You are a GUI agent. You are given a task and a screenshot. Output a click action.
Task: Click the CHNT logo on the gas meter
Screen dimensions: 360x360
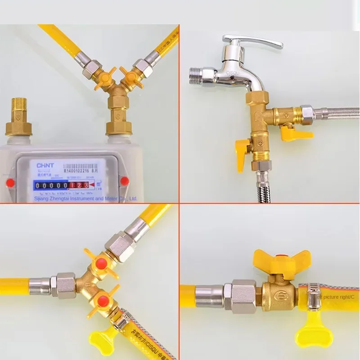point(45,165)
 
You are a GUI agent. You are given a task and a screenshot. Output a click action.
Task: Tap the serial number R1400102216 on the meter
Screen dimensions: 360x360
point(82,171)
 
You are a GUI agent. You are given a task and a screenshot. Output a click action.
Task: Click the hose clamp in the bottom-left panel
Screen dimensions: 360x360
point(121,320)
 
